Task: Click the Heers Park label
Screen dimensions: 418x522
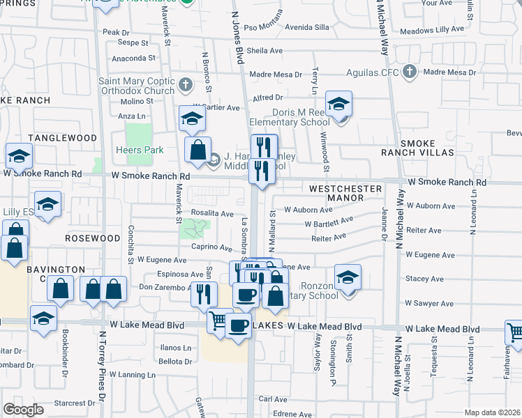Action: pyautogui.click(x=140, y=150)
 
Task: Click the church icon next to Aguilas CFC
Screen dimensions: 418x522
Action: pyautogui.click(x=410, y=72)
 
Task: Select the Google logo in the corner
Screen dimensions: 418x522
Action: pyautogui.click(x=24, y=410)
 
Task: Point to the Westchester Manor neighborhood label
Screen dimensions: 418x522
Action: pyautogui.click(x=345, y=193)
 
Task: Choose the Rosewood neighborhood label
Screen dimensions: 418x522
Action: pyautogui.click(x=93, y=238)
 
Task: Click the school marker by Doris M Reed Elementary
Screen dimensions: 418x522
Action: pyautogui.click(x=338, y=105)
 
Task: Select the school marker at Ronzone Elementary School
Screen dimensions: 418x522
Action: pyautogui.click(x=348, y=278)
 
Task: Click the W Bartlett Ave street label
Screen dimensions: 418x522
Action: pyautogui.click(x=329, y=222)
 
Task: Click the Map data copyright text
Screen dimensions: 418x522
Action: pyautogui.click(x=492, y=412)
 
